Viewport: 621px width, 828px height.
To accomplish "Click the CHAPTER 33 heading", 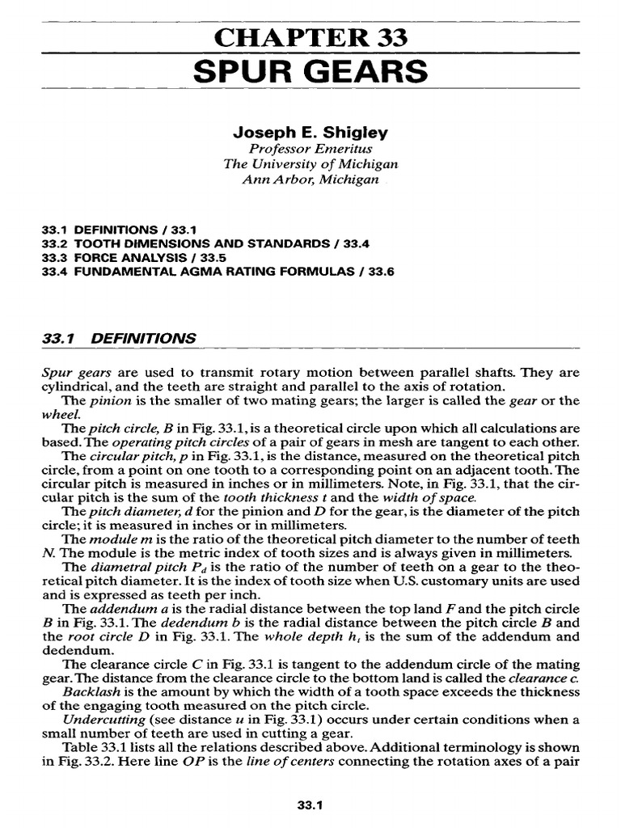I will pyautogui.click(x=310, y=37).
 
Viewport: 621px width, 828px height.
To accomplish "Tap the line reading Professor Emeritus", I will pyautogui.click(x=310, y=148).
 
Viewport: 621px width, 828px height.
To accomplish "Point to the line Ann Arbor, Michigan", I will pyautogui.click(x=310, y=179).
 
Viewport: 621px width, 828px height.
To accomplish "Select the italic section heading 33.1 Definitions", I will pyautogui.click(x=118, y=339).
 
